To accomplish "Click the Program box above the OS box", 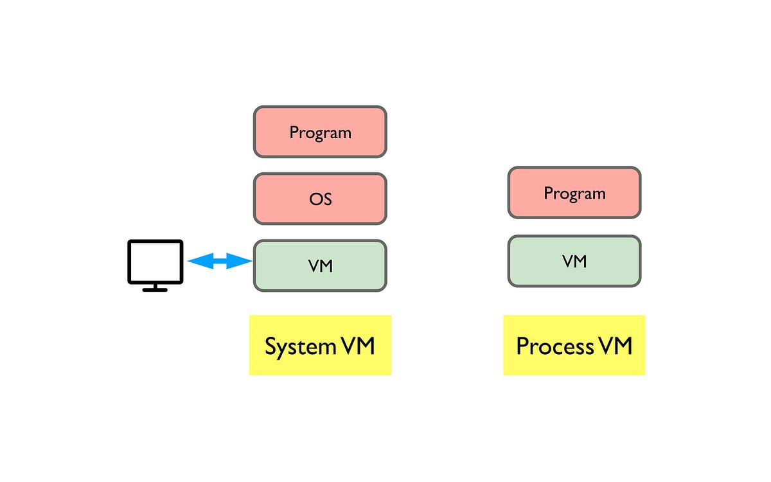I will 320,132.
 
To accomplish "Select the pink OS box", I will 320,199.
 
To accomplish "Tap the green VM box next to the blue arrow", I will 320,265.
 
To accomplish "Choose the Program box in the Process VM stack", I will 574,193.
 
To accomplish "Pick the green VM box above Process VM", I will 574,261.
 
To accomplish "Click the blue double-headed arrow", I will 220,261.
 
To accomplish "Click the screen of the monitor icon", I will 155,261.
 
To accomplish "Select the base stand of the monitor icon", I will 155,289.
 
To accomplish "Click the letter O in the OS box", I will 315,199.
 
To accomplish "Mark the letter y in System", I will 281,349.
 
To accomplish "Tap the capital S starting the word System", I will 270,346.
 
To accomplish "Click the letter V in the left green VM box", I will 313,265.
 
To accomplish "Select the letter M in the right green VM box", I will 580,261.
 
